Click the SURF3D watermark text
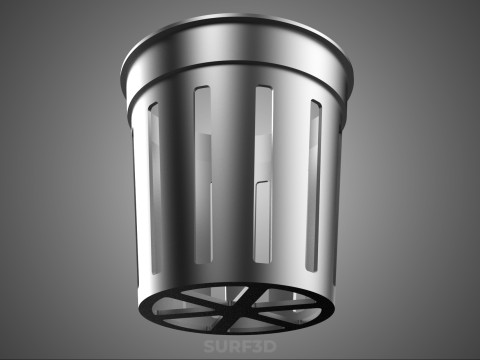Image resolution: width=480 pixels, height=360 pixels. tap(240, 346)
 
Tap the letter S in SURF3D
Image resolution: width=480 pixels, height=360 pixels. tap(209, 346)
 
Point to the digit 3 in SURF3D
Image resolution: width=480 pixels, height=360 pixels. tap(257, 346)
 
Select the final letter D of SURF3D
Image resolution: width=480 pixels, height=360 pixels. tap(270, 346)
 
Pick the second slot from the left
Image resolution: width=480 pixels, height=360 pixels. tap(203, 175)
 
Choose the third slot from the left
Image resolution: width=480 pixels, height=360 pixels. tap(263, 174)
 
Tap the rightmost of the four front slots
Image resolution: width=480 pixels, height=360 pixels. tap(314, 186)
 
